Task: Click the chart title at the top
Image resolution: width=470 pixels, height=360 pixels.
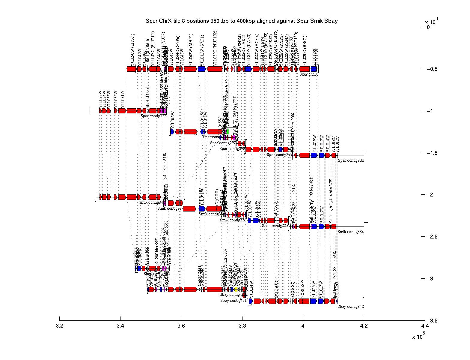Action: click(242, 21)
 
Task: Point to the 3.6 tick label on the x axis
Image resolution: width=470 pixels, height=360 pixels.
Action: click(181, 326)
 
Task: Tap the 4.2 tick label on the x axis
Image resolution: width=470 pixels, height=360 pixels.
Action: click(364, 326)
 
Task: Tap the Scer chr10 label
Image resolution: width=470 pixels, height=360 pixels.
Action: click(309, 74)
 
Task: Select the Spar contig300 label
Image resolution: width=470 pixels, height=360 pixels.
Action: click(351, 160)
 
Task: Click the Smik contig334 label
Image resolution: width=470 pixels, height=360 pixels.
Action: click(350, 232)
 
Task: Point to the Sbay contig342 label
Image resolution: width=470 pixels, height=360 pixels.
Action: click(350, 306)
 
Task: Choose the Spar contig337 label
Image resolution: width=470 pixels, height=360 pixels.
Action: click(154, 116)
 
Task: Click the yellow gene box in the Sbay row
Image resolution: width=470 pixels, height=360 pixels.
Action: click(236, 289)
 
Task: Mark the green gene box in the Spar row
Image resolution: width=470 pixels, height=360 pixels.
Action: click(228, 131)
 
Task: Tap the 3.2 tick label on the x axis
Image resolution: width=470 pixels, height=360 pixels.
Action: click(60, 326)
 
